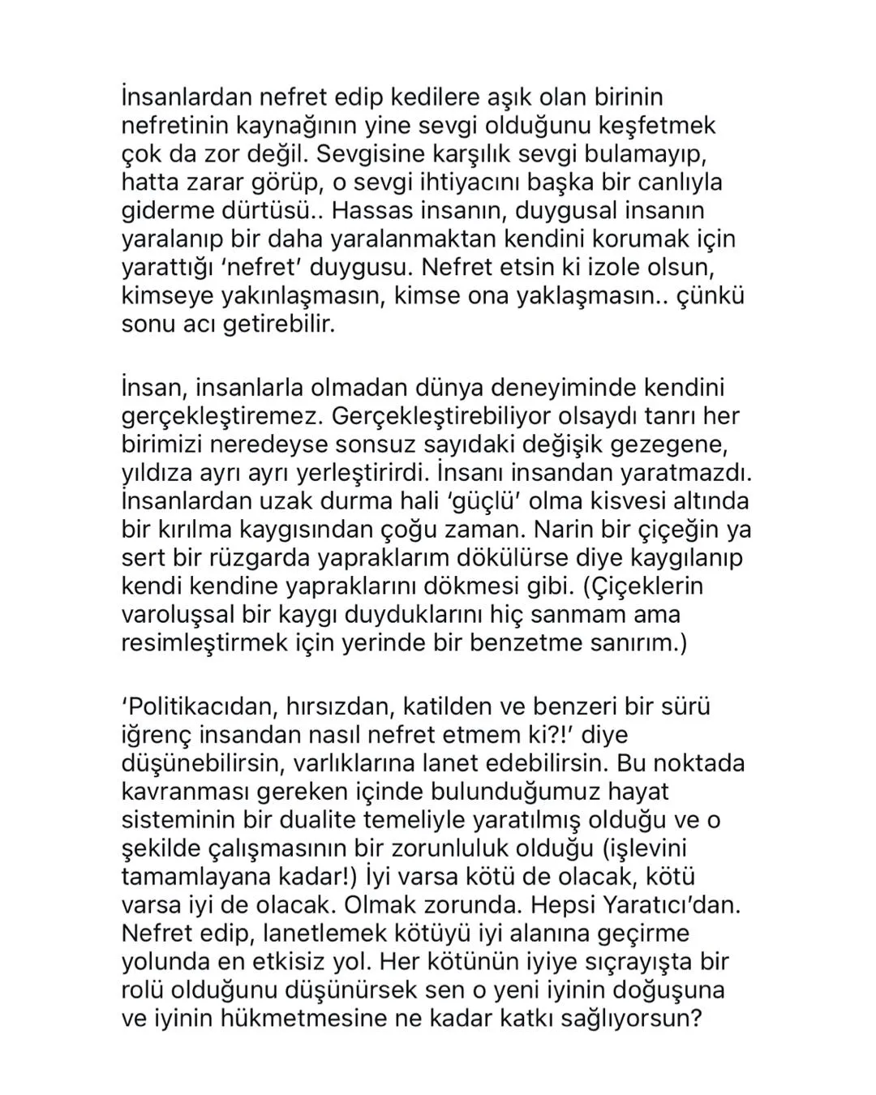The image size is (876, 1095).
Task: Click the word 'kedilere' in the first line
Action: click(462, 97)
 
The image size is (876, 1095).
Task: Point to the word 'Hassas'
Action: click(376, 211)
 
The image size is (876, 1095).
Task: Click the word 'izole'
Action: click(622, 268)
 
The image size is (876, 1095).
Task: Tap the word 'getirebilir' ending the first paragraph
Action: click(273, 324)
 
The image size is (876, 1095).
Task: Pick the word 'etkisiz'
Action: click(308, 962)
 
